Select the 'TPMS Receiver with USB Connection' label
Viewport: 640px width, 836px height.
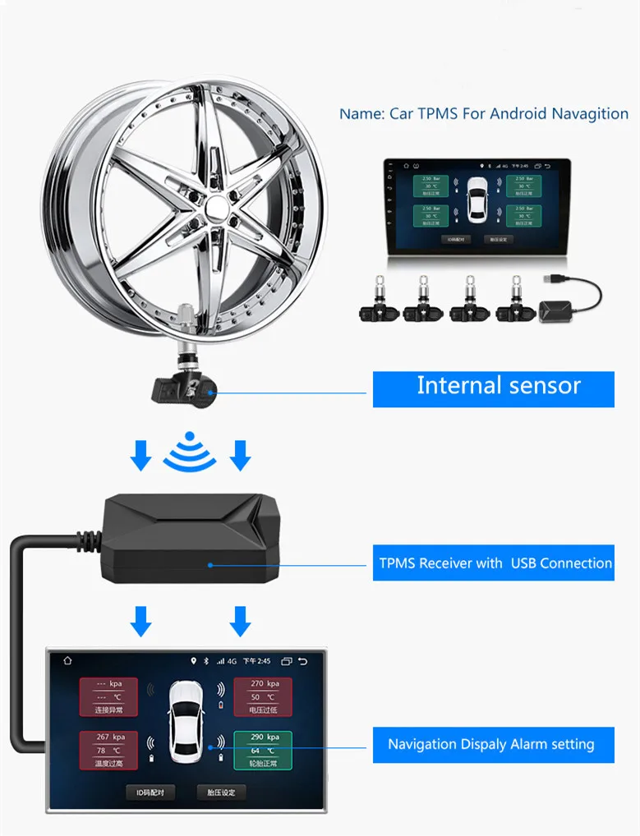click(493, 563)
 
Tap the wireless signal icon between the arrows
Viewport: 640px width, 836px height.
click(190, 452)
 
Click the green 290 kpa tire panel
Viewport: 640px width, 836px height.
click(263, 748)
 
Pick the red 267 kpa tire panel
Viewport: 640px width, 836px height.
click(108, 748)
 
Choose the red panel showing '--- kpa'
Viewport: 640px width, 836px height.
click(108, 695)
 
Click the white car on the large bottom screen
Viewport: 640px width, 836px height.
click(185, 720)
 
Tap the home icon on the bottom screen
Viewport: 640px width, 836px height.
click(67, 660)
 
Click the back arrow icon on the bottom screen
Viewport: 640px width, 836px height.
click(302, 660)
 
